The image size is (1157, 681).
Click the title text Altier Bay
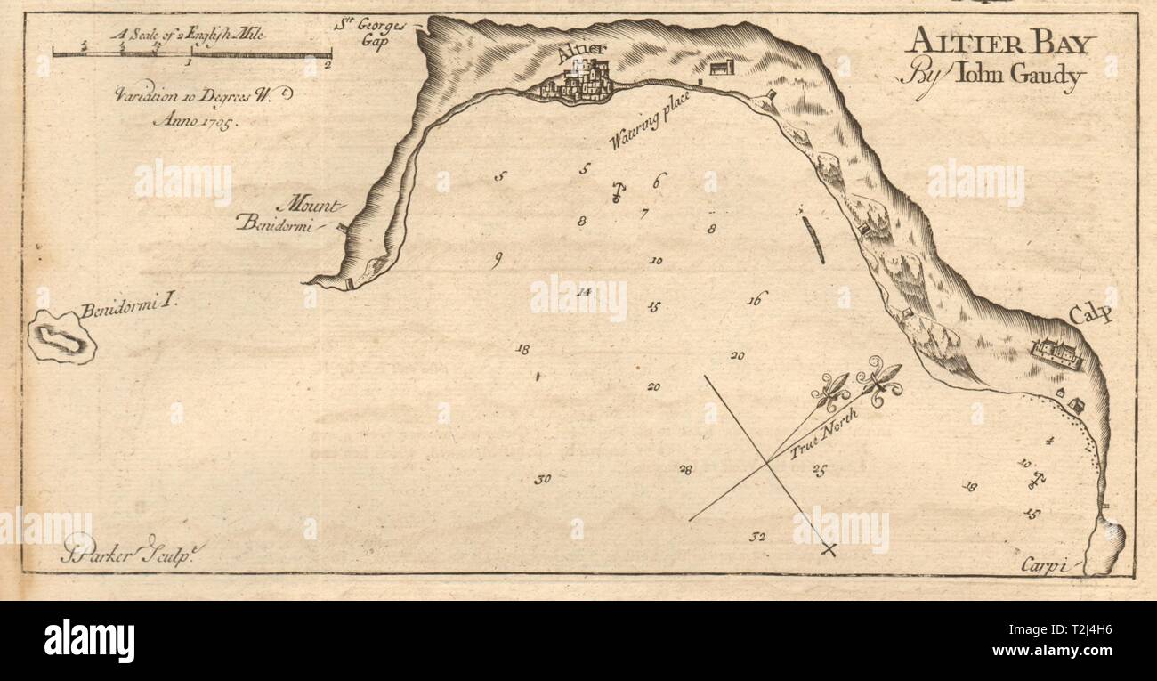coord(1001,43)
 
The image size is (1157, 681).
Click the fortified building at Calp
coord(1056,353)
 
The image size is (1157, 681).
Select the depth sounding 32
coord(757,537)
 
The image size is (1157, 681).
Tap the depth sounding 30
coord(542,480)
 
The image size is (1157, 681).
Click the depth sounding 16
coord(756,299)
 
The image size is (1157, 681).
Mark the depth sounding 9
coord(498,260)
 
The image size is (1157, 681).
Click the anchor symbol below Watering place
coord(616,192)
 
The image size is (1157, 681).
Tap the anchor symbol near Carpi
coord(1036,481)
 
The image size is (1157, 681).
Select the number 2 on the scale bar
coord(328,65)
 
